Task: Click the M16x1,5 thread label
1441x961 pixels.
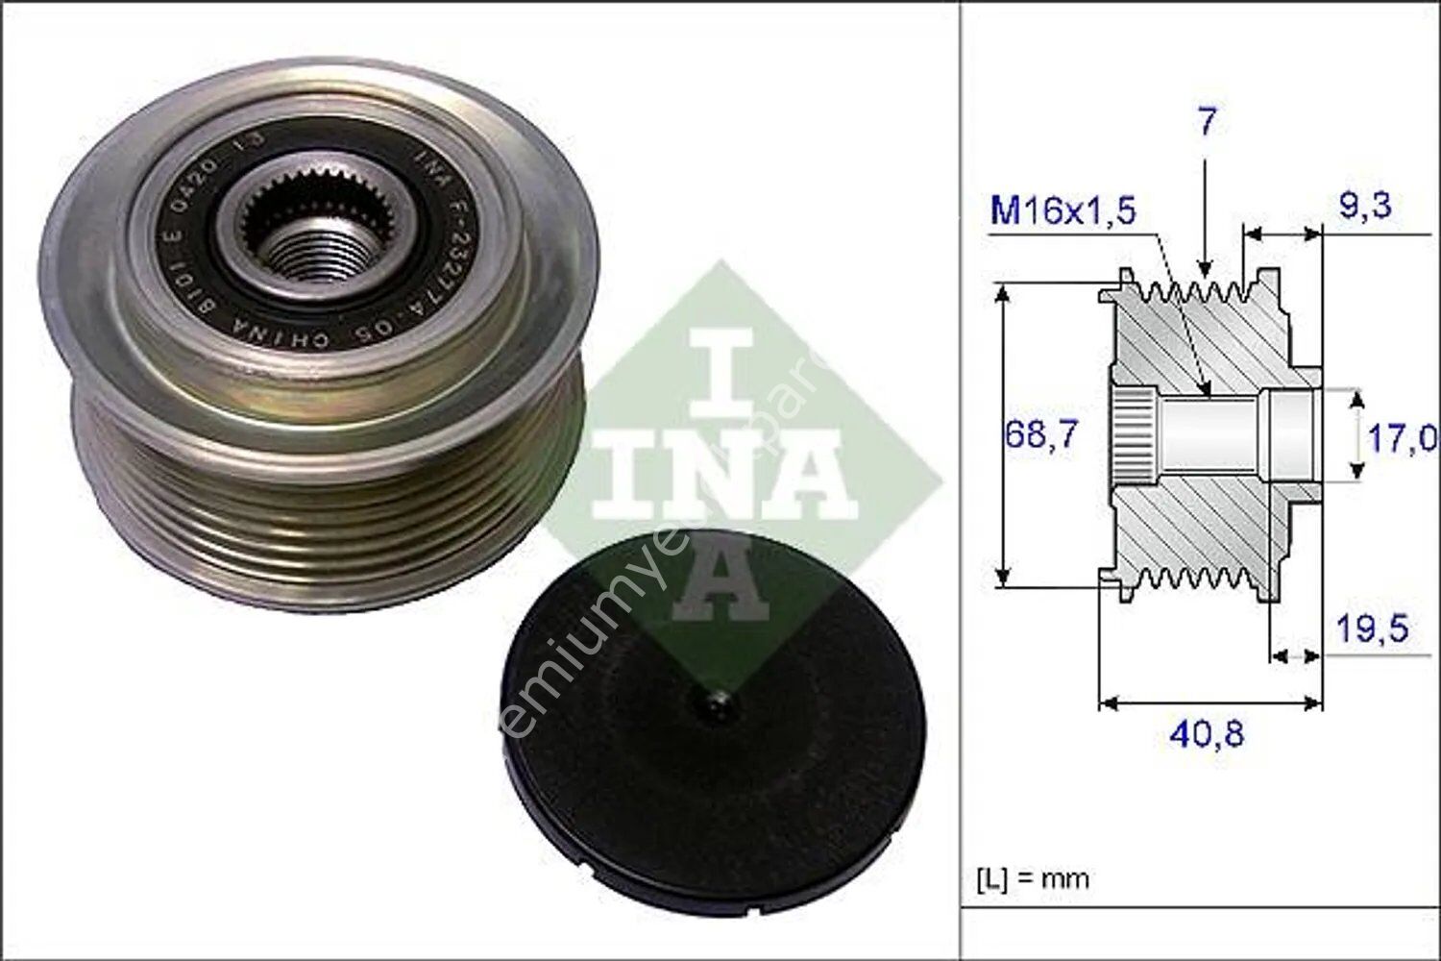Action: (x=1062, y=210)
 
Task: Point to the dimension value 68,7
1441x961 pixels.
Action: (x=1042, y=434)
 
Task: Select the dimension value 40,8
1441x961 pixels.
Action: (x=1207, y=734)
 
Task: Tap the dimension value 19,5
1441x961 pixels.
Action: (x=1373, y=629)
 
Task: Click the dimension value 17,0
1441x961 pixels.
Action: (x=1402, y=438)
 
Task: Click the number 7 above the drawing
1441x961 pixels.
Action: (x=1207, y=122)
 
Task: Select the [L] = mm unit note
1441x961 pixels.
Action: (x=1033, y=877)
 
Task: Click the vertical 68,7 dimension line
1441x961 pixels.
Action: (x=1003, y=434)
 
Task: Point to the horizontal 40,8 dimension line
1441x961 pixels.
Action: (x=1210, y=702)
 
